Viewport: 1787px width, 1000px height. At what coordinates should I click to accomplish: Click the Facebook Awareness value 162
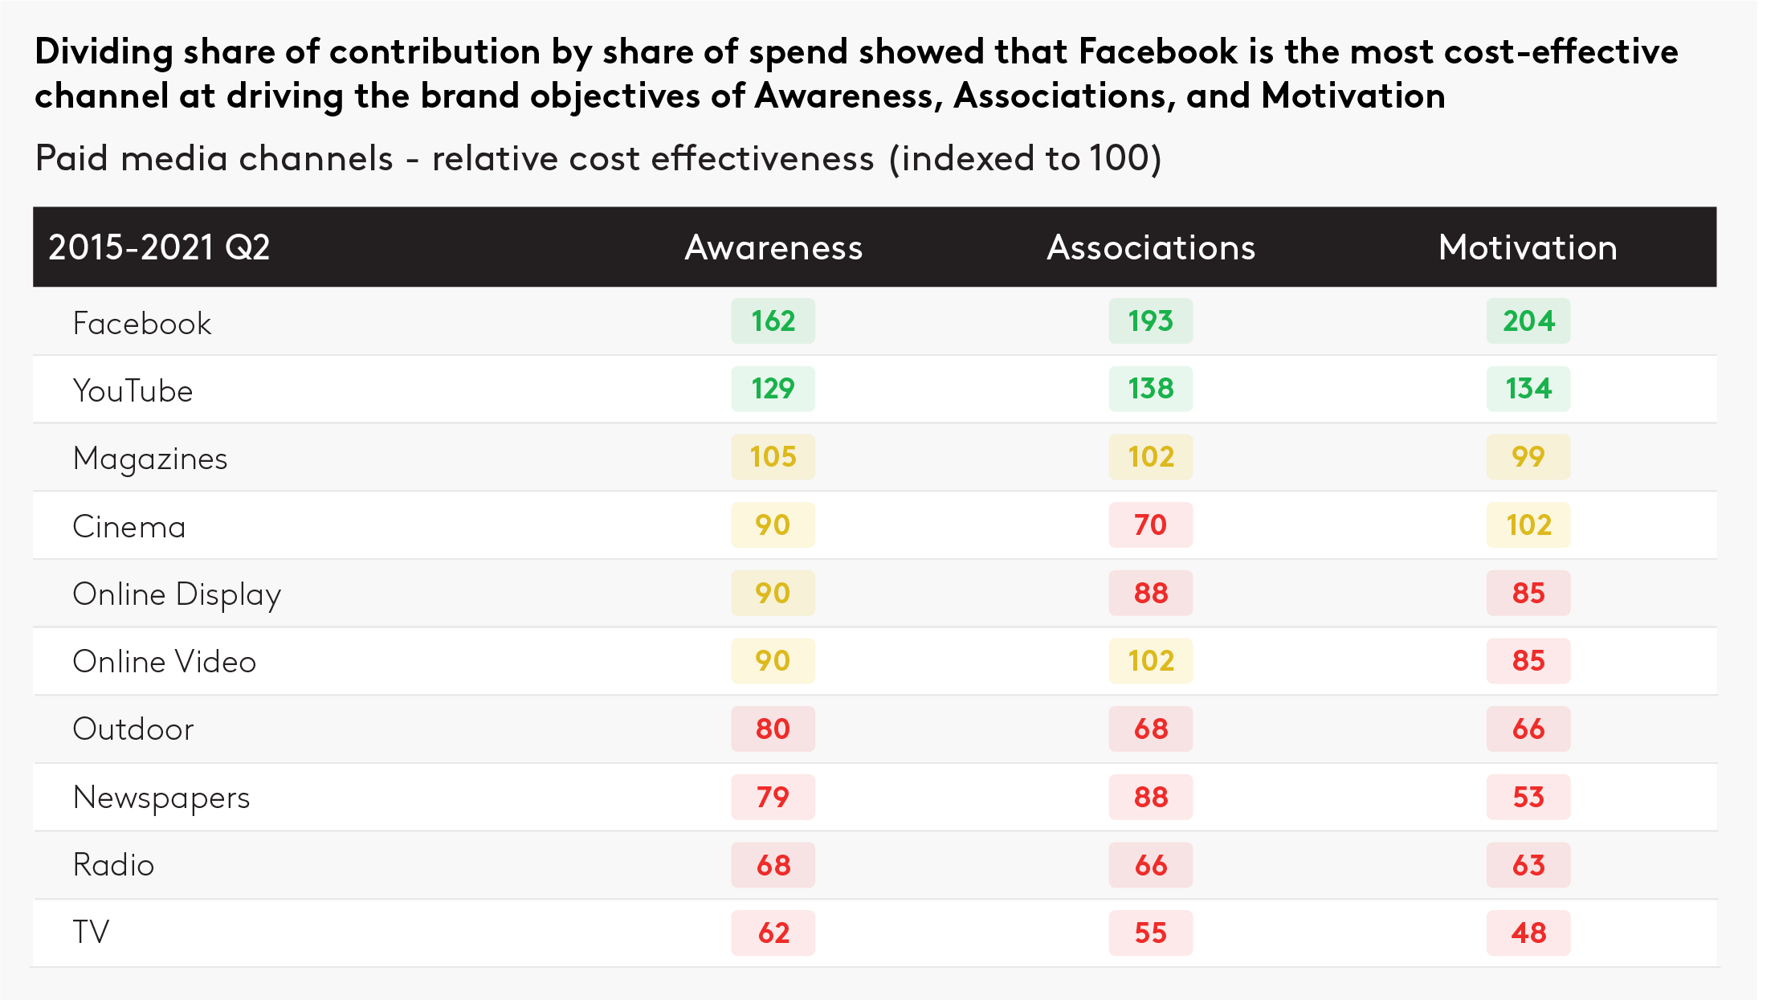[x=773, y=321]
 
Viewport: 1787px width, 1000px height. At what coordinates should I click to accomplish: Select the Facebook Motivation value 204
[x=1528, y=321]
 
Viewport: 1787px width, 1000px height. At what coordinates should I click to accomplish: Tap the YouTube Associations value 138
[x=1150, y=389]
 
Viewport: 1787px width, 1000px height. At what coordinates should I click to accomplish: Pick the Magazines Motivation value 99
[x=1528, y=457]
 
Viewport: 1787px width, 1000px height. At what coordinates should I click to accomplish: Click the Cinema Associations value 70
[x=1150, y=525]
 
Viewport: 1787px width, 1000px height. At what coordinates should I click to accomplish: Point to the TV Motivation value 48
[x=1528, y=933]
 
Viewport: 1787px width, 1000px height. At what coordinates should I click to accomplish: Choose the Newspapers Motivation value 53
[x=1528, y=798]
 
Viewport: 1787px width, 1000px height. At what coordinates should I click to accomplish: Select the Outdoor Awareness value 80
[x=773, y=729]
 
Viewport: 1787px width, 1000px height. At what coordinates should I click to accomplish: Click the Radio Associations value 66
[x=1150, y=866]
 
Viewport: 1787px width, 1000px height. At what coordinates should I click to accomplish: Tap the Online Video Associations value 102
[x=1150, y=661]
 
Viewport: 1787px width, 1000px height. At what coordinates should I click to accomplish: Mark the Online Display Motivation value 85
[x=1528, y=594]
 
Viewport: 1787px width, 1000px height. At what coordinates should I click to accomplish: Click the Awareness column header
[x=773, y=247]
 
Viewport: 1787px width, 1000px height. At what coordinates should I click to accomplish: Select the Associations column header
[x=1150, y=247]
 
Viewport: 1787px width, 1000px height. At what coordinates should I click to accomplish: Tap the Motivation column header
[x=1528, y=247]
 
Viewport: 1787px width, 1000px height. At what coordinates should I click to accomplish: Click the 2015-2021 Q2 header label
[x=159, y=247]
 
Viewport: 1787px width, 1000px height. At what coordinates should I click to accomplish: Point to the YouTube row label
[x=133, y=391]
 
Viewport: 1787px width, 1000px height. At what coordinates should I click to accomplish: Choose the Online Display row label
[x=177, y=595]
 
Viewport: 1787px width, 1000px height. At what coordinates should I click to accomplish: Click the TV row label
[x=91, y=933]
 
